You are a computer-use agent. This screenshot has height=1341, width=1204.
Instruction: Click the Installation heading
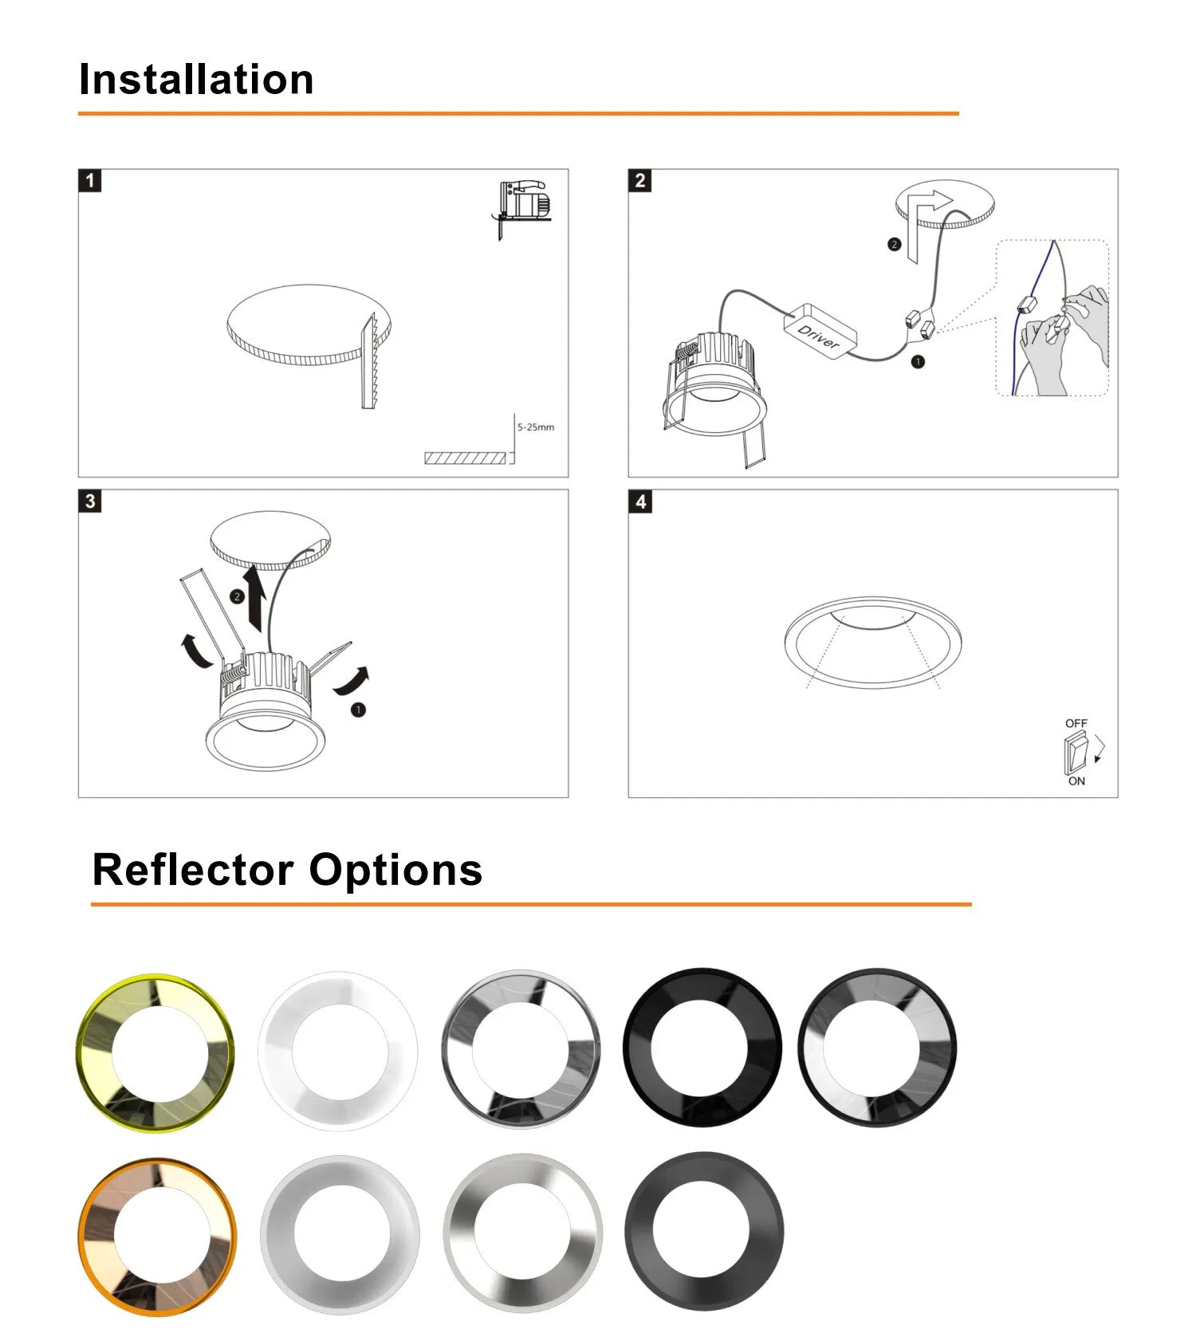pos(196,80)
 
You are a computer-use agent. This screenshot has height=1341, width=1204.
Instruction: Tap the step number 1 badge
pos(89,180)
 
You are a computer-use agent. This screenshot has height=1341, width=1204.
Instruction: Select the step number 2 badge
pos(639,180)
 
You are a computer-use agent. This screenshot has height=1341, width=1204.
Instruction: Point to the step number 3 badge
pos(89,501)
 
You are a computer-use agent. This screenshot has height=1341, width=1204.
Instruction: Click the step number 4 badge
pos(640,501)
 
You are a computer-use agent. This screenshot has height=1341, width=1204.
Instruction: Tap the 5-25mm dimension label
pos(536,427)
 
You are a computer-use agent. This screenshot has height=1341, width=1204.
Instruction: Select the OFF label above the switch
pos(1076,723)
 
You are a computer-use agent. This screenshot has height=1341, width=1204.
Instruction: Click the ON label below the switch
pos(1076,781)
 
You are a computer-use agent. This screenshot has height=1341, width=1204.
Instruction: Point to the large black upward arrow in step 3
pos(255,598)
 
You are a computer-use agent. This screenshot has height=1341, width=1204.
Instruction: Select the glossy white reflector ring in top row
pos(338,1050)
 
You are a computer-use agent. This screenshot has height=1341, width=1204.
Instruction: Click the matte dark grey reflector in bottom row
pos(704,1232)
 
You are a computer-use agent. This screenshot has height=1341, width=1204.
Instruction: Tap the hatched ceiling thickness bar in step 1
pos(466,458)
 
